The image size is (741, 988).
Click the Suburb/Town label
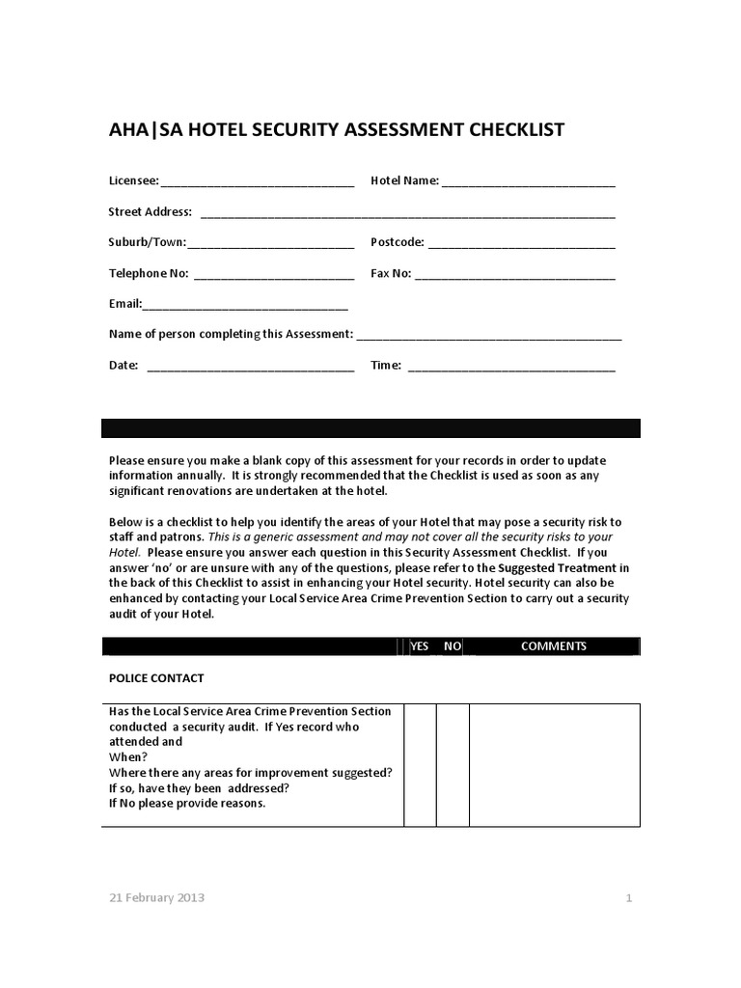click(147, 242)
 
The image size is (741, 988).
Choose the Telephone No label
click(149, 273)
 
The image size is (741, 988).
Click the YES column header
click(420, 646)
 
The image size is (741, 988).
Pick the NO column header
click(452, 646)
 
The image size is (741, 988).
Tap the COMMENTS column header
click(553, 646)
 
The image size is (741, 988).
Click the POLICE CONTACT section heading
click(156, 678)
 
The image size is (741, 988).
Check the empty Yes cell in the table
click(420, 764)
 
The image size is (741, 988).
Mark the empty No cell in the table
click(453, 764)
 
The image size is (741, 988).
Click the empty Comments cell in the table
click(554, 764)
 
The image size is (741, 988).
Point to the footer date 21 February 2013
click(156, 897)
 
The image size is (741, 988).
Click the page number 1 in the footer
click(628, 898)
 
